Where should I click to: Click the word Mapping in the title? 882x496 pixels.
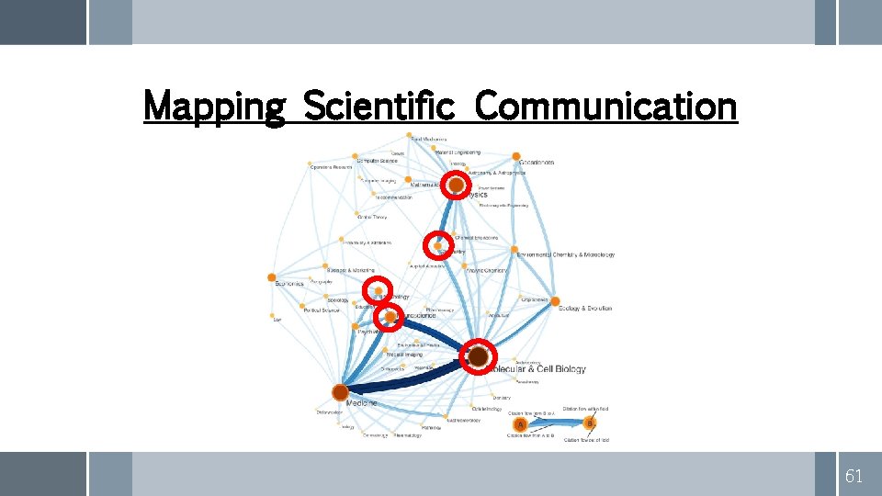[x=215, y=107]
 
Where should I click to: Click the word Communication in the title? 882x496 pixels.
[x=606, y=107]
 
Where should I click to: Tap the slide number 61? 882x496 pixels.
[x=854, y=476]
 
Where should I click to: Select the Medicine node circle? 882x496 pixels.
[x=340, y=392]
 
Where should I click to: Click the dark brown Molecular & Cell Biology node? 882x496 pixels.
[x=478, y=356]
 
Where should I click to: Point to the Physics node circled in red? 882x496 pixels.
[x=456, y=185]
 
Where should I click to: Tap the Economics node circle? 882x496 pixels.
[x=271, y=277]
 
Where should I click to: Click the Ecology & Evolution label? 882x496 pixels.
[x=585, y=309]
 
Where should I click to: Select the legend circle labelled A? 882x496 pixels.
[x=521, y=423]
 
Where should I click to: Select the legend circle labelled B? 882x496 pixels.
[x=590, y=423]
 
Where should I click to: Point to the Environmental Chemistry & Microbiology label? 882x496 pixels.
[x=566, y=254]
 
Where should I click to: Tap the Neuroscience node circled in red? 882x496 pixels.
[x=390, y=317]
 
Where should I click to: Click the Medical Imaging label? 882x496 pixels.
[x=404, y=355]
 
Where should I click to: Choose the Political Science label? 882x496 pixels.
[x=322, y=310]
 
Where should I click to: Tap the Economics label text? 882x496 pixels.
[x=289, y=284]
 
